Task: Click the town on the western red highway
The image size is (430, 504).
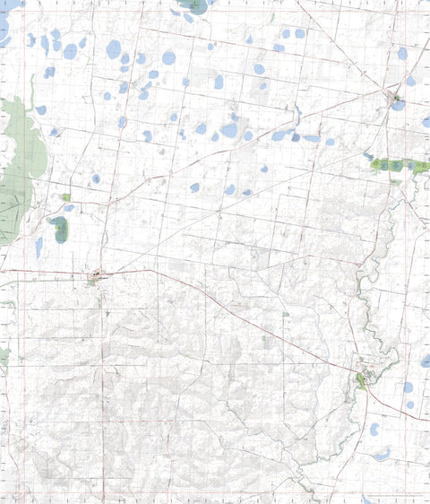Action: [x=96, y=277]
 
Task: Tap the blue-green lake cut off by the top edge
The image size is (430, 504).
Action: [x=193, y=4]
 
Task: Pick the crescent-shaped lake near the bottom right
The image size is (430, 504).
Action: [x=383, y=455]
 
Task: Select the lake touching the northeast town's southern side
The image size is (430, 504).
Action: [x=398, y=105]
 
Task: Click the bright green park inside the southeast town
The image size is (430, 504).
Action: [x=361, y=380]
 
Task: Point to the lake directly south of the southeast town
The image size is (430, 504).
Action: [x=374, y=429]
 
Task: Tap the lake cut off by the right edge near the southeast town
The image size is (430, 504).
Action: [x=426, y=361]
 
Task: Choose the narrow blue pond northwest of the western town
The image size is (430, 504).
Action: [x=39, y=247]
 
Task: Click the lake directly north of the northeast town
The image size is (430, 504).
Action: [x=402, y=54]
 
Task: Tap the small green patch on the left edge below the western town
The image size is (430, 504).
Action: [x=3, y=359]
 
